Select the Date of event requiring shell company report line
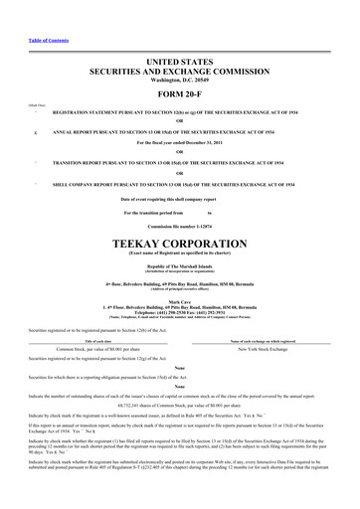(x=180, y=199)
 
